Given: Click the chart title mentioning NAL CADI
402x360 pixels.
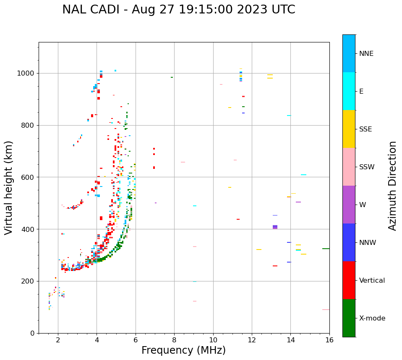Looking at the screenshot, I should [x=178, y=10].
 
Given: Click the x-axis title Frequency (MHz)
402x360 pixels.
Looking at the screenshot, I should [x=183, y=350].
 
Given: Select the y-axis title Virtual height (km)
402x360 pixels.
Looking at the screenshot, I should [x=9, y=187].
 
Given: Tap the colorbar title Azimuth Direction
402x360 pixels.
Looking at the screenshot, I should [x=392, y=185].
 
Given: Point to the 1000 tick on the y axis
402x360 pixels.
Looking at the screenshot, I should [x=26, y=74].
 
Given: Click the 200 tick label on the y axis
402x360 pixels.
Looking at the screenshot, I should [x=29, y=281].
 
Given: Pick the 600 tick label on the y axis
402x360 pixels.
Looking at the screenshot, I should [x=29, y=177].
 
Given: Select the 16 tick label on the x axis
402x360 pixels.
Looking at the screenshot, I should [x=329, y=340].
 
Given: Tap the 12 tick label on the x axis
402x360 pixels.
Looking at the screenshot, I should [x=252, y=340].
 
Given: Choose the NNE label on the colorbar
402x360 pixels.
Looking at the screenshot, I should [x=366, y=54].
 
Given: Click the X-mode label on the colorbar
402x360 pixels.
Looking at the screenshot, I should [x=372, y=318].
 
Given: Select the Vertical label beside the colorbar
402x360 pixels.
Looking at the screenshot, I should [x=372, y=281].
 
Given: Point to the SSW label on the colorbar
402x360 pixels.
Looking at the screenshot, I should [x=367, y=167].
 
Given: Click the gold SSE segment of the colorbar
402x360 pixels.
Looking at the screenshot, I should [x=349, y=129].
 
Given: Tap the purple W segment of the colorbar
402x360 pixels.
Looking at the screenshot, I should [x=349, y=205].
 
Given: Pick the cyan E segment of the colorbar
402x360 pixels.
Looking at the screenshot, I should [x=349, y=91].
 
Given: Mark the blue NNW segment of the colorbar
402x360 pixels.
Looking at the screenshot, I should [x=349, y=242].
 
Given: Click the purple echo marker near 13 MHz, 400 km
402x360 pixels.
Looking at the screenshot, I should [x=275, y=227].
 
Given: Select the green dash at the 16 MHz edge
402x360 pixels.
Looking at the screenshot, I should [x=326, y=249].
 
